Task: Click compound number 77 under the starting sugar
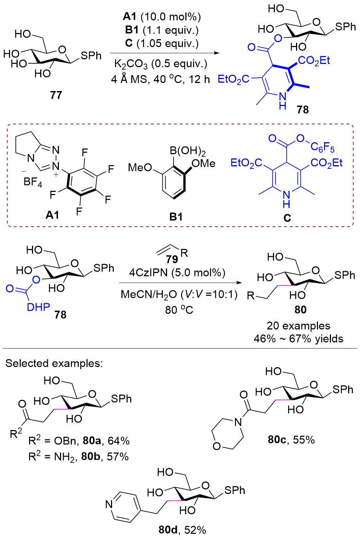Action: (56, 95)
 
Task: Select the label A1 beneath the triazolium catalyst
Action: (52, 215)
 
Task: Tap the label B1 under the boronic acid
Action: (176, 217)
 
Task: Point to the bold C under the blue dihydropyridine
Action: (287, 218)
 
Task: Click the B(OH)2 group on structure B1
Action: (188, 151)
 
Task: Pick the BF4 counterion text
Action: (33, 182)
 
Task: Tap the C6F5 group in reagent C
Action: (323, 147)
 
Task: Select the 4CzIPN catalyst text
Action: (148, 273)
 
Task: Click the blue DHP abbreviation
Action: (38, 307)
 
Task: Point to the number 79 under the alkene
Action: (172, 259)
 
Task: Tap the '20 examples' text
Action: (298, 326)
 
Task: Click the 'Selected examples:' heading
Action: (54, 363)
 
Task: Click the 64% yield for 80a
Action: (119, 441)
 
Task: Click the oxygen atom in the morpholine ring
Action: (217, 446)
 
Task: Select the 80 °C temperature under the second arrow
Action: (179, 310)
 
